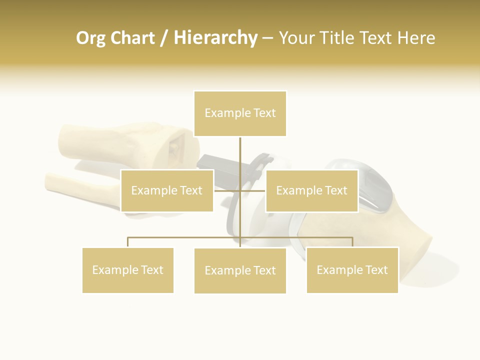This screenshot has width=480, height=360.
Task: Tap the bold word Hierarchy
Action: pyautogui.click(x=215, y=38)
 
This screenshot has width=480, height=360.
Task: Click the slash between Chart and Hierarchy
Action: pyautogui.click(x=164, y=38)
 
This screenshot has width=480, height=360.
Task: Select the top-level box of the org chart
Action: pyautogui.click(x=240, y=113)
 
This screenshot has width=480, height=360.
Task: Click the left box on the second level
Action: pyautogui.click(x=167, y=190)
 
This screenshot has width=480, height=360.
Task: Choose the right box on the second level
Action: pyautogui.click(x=311, y=190)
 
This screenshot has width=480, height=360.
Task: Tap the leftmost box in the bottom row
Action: pyautogui.click(x=127, y=270)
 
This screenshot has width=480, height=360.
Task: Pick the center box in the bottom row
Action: pyautogui.click(x=240, y=270)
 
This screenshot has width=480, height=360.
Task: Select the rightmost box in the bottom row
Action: pyautogui.click(x=352, y=270)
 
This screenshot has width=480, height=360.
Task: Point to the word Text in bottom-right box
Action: pyautogui.click(x=376, y=270)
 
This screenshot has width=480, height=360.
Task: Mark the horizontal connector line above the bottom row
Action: pyautogui.click(x=185, y=237)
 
